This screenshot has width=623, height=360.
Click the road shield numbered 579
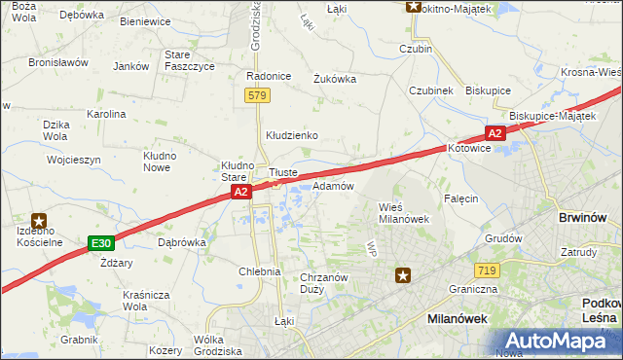tap(257, 95)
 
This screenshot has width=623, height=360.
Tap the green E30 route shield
tap(100, 242)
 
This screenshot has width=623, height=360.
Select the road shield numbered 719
tap(488, 270)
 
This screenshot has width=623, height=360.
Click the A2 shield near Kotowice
tap(495, 133)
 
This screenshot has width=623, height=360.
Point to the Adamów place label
tap(332, 185)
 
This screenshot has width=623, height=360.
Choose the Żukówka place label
tap(334, 80)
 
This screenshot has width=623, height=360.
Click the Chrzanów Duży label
tap(324, 283)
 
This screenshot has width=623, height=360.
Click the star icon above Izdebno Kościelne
tap(40, 222)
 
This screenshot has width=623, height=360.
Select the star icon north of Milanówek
tap(403, 276)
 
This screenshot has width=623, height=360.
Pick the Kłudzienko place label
tap(293, 135)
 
